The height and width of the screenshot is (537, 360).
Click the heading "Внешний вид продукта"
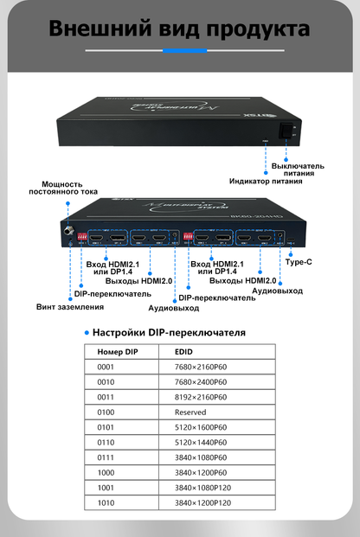click(x=180, y=29)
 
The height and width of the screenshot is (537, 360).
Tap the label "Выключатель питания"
click(x=298, y=169)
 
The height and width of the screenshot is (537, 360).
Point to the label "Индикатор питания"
click(x=266, y=182)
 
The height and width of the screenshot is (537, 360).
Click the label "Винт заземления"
click(x=69, y=306)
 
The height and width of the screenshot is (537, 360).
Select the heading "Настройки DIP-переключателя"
click(x=169, y=332)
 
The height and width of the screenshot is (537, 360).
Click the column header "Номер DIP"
click(x=118, y=352)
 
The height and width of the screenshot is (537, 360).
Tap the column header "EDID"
click(x=183, y=352)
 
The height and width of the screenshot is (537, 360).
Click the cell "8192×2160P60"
click(x=200, y=397)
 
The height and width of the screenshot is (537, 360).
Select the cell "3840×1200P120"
click(x=202, y=502)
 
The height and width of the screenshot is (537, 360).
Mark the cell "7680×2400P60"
click(x=200, y=381)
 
